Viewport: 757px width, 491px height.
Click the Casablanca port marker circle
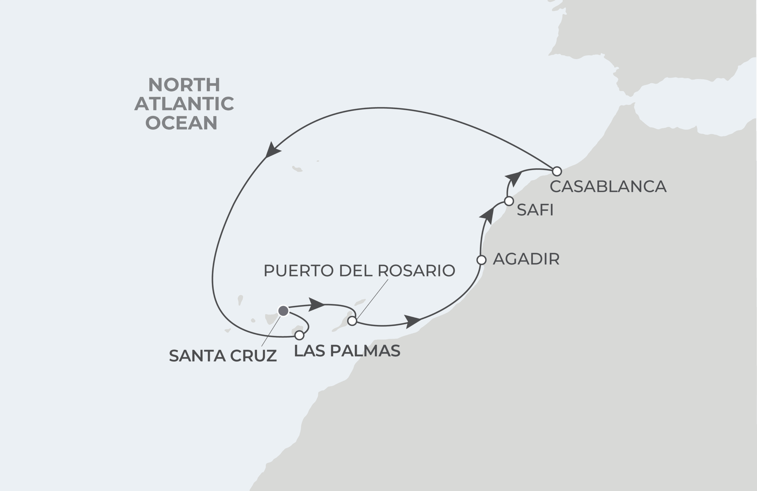pos(557,171)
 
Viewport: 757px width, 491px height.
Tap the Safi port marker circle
pos(509,201)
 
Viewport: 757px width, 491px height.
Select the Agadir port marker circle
pos(482,260)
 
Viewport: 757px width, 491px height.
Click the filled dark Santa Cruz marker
pos(283,311)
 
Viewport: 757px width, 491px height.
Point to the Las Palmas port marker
pos(299,335)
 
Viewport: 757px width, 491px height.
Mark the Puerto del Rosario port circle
pos(352,321)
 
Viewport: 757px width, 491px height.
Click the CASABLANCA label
pos(608,186)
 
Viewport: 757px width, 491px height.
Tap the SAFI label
pos(535,210)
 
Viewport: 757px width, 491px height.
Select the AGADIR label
pos(526,259)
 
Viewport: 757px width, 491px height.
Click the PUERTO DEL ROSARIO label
pos(359,270)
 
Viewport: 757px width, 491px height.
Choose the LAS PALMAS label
pos(347,351)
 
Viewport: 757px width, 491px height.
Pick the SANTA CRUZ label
pos(223,356)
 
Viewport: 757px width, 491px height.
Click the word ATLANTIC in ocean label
pos(184,104)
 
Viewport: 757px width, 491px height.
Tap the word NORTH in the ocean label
pos(184,85)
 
